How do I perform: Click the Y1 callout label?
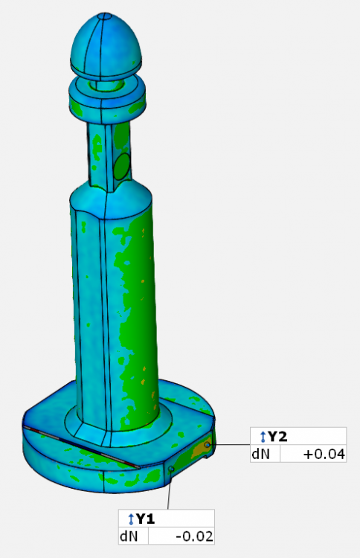tap(146, 519)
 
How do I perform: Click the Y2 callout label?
tap(277, 436)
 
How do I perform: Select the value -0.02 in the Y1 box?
tap(195, 536)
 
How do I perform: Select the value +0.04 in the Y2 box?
tap(324, 454)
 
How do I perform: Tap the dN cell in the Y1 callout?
tap(129, 536)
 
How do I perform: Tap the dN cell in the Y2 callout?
tap(260, 454)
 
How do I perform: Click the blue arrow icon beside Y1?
tap(131, 519)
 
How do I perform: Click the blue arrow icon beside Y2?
tap(263, 436)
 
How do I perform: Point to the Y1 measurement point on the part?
tap(171, 468)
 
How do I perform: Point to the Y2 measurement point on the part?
tap(208, 445)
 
